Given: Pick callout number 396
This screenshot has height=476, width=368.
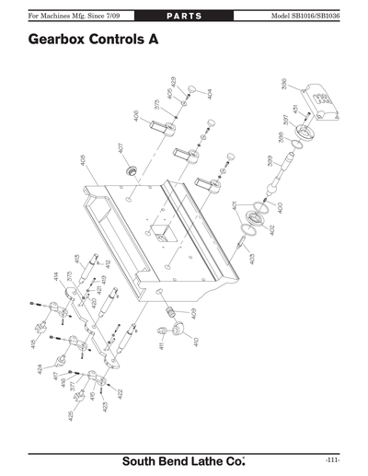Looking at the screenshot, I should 283,86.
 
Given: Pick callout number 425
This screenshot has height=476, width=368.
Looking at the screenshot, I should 71,416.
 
